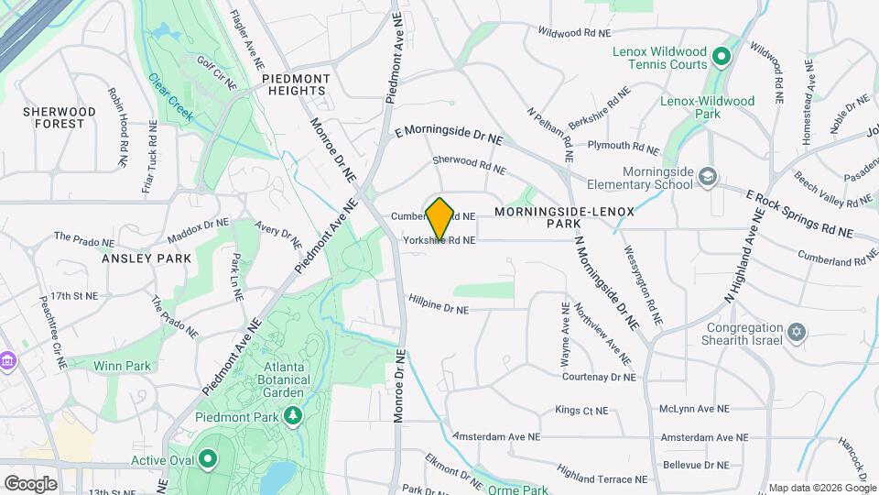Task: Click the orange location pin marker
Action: click(x=440, y=219)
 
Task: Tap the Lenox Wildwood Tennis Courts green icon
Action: click(x=721, y=58)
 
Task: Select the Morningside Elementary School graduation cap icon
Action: click(x=707, y=176)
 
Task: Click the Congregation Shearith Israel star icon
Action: click(x=796, y=332)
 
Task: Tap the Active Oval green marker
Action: click(x=208, y=458)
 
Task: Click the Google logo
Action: click(x=30, y=483)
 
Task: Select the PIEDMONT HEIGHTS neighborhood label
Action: click(x=295, y=85)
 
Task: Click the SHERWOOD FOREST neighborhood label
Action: click(x=60, y=117)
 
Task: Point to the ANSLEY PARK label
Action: click(x=147, y=258)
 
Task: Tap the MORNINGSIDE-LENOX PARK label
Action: click(x=564, y=217)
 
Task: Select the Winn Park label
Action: click(x=122, y=366)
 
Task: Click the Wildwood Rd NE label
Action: click(x=574, y=32)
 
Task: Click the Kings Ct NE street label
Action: click(x=582, y=410)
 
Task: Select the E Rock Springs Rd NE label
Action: click(x=798, y=214)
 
